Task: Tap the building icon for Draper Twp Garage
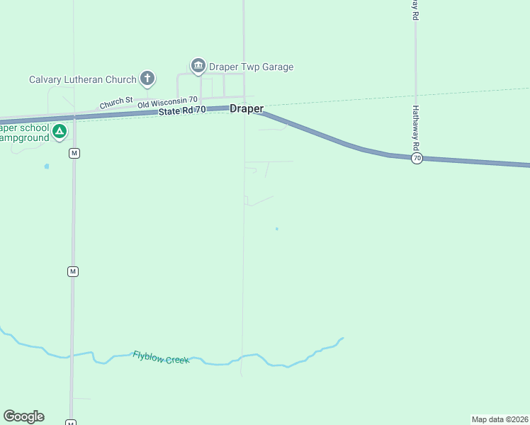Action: [x=198, y=67]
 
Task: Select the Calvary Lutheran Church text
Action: [x=82, y=79]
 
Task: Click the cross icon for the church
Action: [x=147, y=78]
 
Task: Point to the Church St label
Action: [x=116, y=103]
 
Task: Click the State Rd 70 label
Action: [x=182, y=110]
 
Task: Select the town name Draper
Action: [x=247, y=109]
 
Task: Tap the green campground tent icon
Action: [x=60, y=131]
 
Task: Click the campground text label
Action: [x=24, y=132]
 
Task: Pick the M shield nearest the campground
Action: [x=74, y=153]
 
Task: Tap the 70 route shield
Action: [x=417, y=159]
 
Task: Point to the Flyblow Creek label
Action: [x=161, y=357]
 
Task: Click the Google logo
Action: [x=23, y=416]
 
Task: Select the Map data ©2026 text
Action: [x=500, y=419]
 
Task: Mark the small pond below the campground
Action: [x=47, y=166]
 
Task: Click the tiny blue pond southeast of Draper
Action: [x=276, y=229]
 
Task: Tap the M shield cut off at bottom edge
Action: [x=71, y=422]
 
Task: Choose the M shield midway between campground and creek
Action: [x=72, y=271]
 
